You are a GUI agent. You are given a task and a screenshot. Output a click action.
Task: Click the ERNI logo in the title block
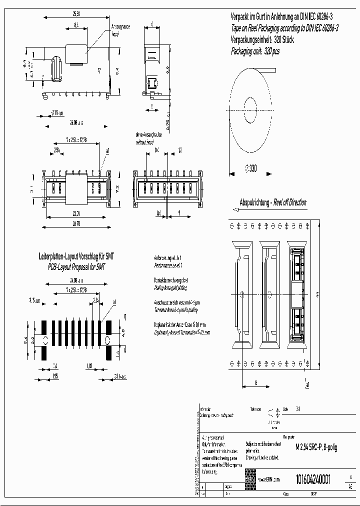(250, 478)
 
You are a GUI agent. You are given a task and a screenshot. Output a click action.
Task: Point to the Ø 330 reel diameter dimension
(250, 169)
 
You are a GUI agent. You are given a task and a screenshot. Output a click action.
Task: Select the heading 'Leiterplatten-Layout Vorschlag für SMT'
(76, 256)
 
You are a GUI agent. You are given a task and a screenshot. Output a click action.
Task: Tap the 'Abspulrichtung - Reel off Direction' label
(273, 202)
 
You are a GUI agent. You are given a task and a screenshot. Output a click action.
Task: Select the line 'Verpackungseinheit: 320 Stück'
(262, 40)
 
